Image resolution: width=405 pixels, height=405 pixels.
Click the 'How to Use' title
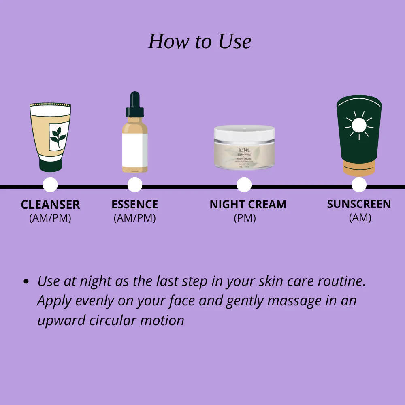coord(200,41)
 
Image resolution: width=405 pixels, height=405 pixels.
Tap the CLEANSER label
coord(50,205)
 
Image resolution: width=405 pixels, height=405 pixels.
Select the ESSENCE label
coord(134,205)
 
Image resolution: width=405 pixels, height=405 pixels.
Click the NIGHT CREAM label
coord(247,205)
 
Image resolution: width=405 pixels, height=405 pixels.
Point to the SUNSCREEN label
coord(359,204)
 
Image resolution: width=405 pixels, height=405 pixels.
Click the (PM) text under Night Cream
coord(245,218)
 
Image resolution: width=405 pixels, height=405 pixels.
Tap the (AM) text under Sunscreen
coord(360,217)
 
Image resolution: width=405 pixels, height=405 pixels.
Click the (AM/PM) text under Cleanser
coord(50,218)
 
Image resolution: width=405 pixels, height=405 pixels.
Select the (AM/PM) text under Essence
coord(134,218)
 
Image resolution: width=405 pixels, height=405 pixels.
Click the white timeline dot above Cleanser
coord(50,185)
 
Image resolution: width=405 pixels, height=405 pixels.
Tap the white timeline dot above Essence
coord(135,185)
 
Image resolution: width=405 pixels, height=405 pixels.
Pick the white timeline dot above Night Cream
coord(244,185)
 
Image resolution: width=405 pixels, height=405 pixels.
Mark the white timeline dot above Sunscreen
coord(359,185)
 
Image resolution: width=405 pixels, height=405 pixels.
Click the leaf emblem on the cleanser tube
coord(58,136)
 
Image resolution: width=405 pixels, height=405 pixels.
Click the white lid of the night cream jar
coord(244,132)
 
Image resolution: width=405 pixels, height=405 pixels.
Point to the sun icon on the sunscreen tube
coord(358,126)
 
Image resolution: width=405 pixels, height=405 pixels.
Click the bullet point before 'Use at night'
coord(26,281)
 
